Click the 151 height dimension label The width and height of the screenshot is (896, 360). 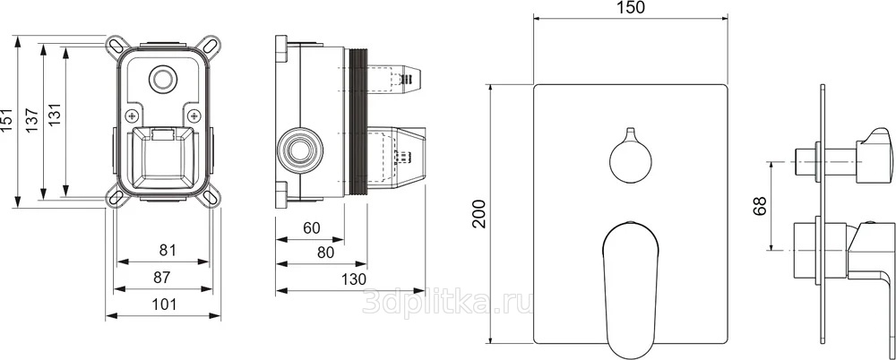6,121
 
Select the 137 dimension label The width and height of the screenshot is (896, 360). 30,121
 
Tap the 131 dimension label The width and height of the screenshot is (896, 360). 55,121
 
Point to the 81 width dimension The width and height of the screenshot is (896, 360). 167,250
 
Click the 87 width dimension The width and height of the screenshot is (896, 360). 163,277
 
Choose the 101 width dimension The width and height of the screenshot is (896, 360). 165,304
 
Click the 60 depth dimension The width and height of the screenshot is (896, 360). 312,228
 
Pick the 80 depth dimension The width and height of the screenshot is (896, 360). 325,252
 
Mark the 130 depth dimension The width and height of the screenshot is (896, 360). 354,279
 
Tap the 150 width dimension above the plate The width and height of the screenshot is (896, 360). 631,7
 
